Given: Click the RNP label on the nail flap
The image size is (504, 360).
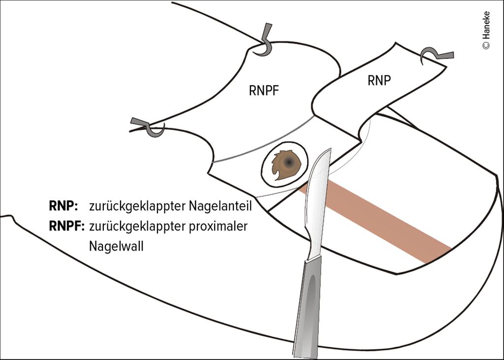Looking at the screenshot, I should point(379,81).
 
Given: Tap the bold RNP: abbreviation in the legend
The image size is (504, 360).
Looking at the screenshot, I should point(63,206).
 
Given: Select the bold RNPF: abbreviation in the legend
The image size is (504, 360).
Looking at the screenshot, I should point(67,227).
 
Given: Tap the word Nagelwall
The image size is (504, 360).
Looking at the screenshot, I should point(116,246).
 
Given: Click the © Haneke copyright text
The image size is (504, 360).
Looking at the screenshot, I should point(486,30).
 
